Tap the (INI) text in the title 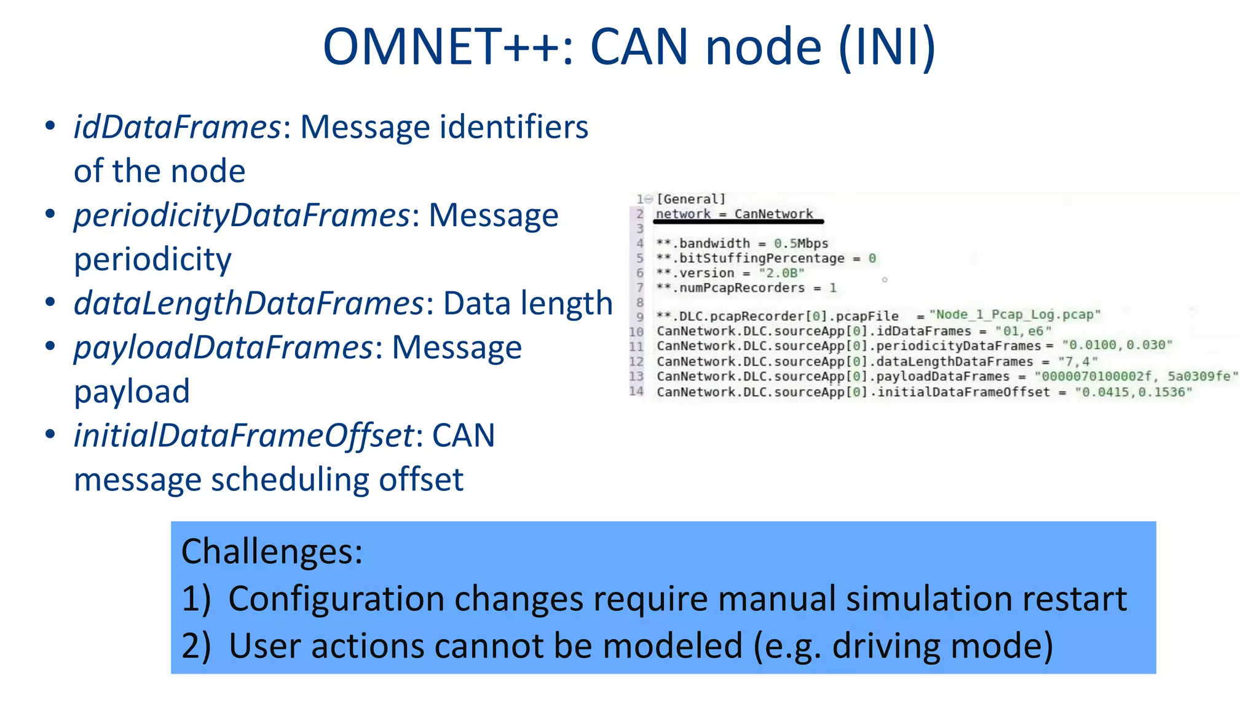pyautogui.click(x=887, y=47)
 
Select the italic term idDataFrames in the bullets pyautogui.click(x=177, y=127)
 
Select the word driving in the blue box pyautogui.click(x=886, y=646)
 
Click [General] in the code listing pyautogui.click(x=691, y=199)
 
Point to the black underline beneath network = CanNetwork pyautogui.click(x=738, y=221)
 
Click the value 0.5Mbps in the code pyautogui.click(x=801, y=243)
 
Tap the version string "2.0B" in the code pyautogui.click(x=781, y=273)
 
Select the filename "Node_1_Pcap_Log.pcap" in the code pyautogui.click(x=1014, y=315)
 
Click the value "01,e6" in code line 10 pyautogui.click(x=1023, y=331)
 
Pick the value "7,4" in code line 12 pyautogui.click(x=1078, y=361)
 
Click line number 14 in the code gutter pyautogui.click(x=636, y=391)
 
